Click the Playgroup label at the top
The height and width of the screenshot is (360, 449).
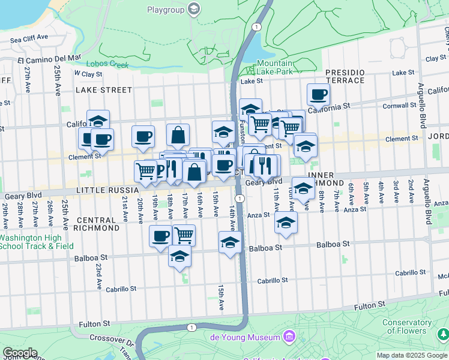pyautogui.click(x=166, y=9)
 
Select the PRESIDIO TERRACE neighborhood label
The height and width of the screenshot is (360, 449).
pyautogui.click(x=345, y=76)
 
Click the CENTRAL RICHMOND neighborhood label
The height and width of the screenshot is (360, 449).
pyautogui.click(x=97, y=224)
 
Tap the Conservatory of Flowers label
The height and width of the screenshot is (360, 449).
pyautogui.click(x=407, y=326)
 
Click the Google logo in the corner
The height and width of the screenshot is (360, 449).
pyautogui.click(x=20, y=353)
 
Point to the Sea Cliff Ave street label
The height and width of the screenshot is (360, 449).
pyautogui.click(x=29, y=37)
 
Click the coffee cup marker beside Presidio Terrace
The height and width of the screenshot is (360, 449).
pyautogui.click(x=318, y=94)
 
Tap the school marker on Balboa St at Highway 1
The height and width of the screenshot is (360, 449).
pyautogui.click(x=229, y=243)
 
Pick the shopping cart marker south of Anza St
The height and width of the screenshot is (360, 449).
pyautogui.click(x=184, y=235)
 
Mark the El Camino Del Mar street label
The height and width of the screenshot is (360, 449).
pyautogui.click(x=49, y=59)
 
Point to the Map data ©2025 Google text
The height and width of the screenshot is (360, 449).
pyautogui.click(x=412, y=355)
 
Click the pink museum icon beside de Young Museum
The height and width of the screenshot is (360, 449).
pyautogui.click(x=291, y=335)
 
